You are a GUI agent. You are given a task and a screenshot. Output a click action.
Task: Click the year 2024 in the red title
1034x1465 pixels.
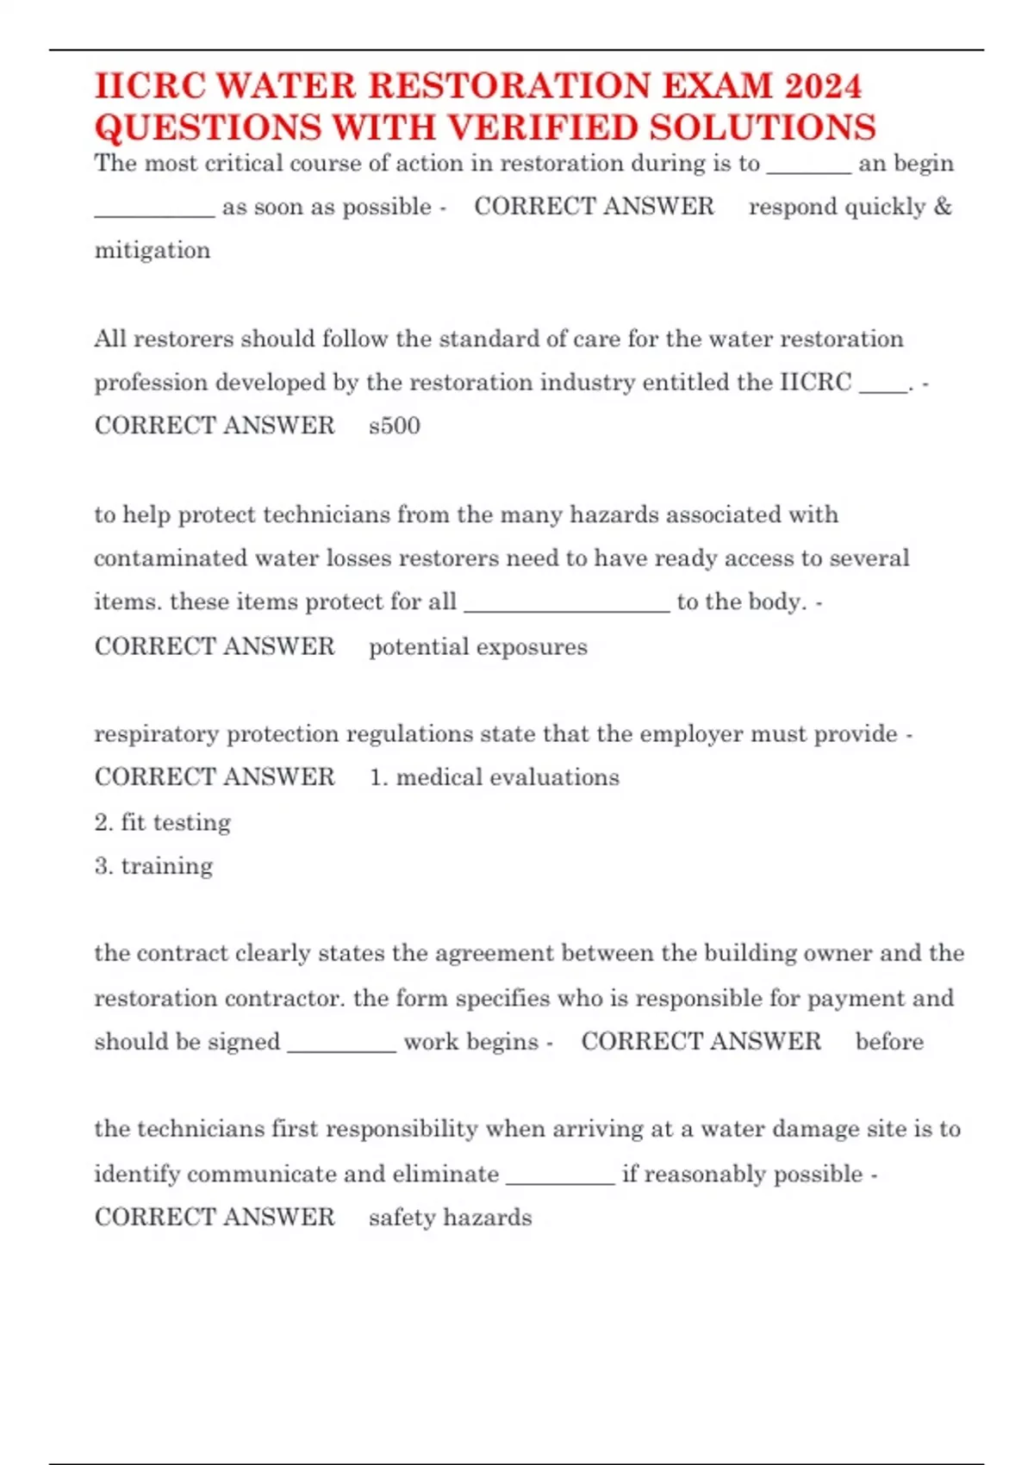(x=822, y=86)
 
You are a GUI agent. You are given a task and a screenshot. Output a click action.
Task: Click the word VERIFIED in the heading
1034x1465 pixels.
(x=544, y=128)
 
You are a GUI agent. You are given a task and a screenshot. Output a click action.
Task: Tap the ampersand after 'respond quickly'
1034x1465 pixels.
(x=943, y=207)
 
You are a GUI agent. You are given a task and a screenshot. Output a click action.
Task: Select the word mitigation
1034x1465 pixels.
(x=153, y=251)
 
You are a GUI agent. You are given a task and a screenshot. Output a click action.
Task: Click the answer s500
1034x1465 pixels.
(x=395, y=426)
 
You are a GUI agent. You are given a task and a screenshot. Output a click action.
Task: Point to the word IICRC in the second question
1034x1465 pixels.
(x=815, y=382)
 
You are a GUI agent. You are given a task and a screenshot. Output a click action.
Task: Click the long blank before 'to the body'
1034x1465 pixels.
(x=566, y=602)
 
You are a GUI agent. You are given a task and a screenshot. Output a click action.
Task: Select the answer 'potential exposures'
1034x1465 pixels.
(x=478, y=647)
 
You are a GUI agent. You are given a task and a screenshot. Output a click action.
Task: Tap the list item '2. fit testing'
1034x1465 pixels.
(x=163, y=822)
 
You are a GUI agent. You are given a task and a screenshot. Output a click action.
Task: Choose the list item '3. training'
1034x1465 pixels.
(x=154, y=866)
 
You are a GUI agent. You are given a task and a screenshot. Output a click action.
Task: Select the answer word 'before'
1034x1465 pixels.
(x=889, y=1042)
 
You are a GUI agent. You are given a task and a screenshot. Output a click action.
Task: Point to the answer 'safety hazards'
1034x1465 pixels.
(x=450, y=1218)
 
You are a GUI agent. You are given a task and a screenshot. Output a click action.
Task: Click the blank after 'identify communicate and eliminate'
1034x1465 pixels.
(x=560, y=1175)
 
